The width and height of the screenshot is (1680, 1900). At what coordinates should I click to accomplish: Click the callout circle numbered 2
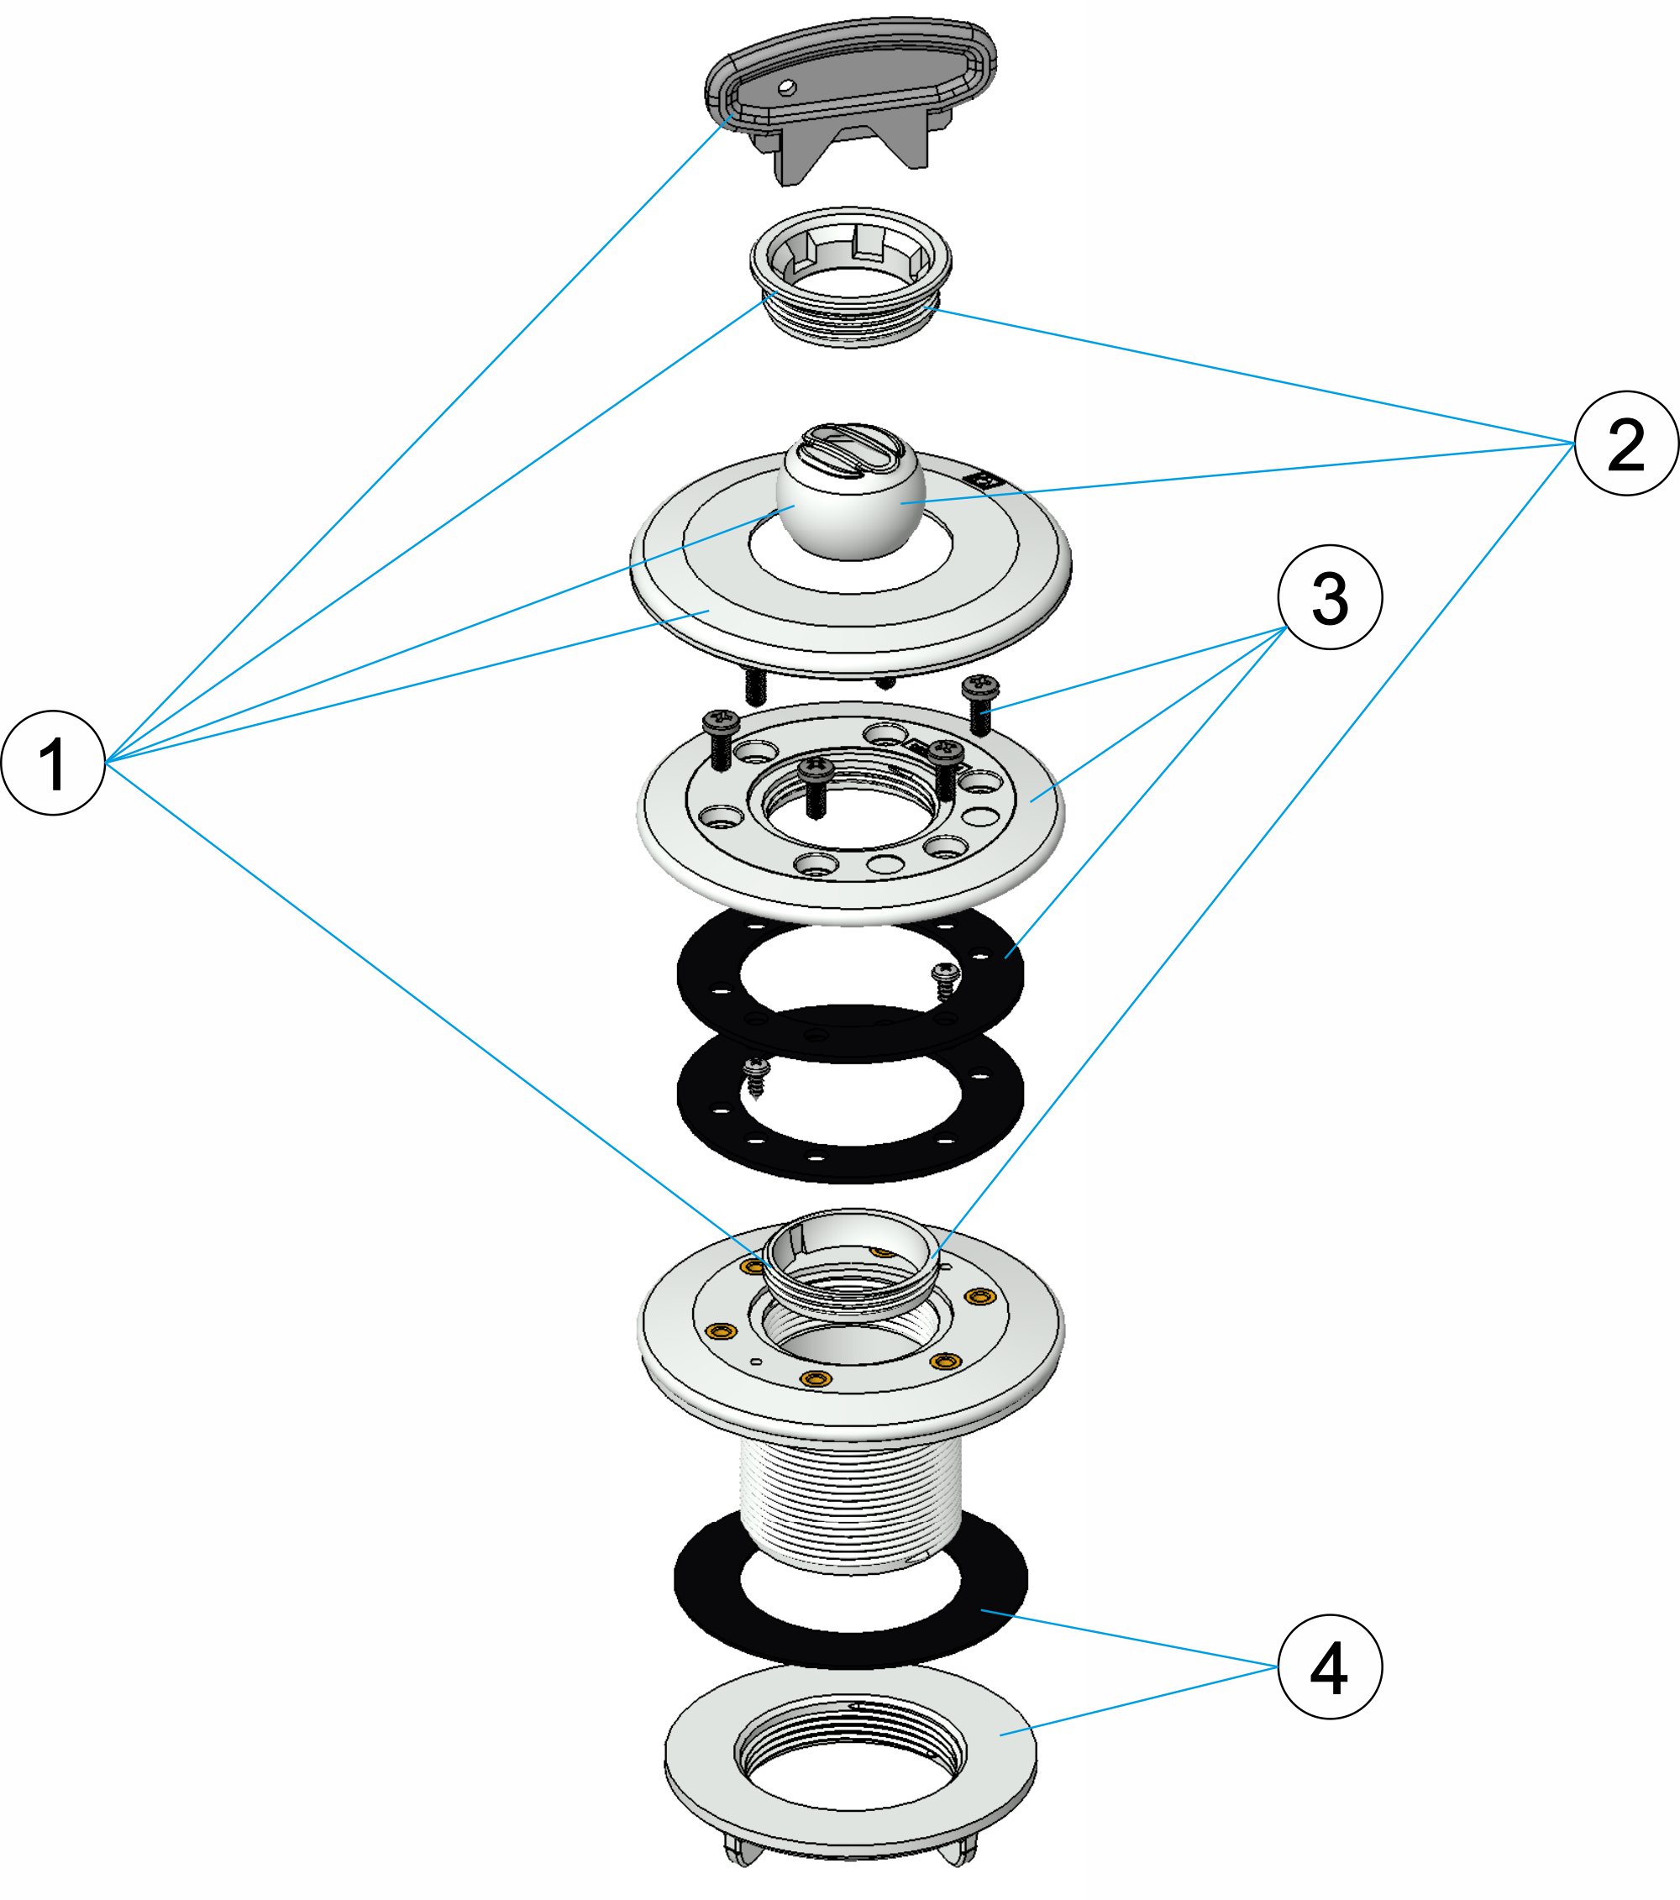pos(1626,444)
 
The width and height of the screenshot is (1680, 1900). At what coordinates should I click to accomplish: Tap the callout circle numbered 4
pos(1330,1666)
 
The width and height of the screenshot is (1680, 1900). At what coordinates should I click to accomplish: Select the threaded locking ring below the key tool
pos(851,279)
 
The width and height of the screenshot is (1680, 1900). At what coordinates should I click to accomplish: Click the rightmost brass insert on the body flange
pos(978,1297)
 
